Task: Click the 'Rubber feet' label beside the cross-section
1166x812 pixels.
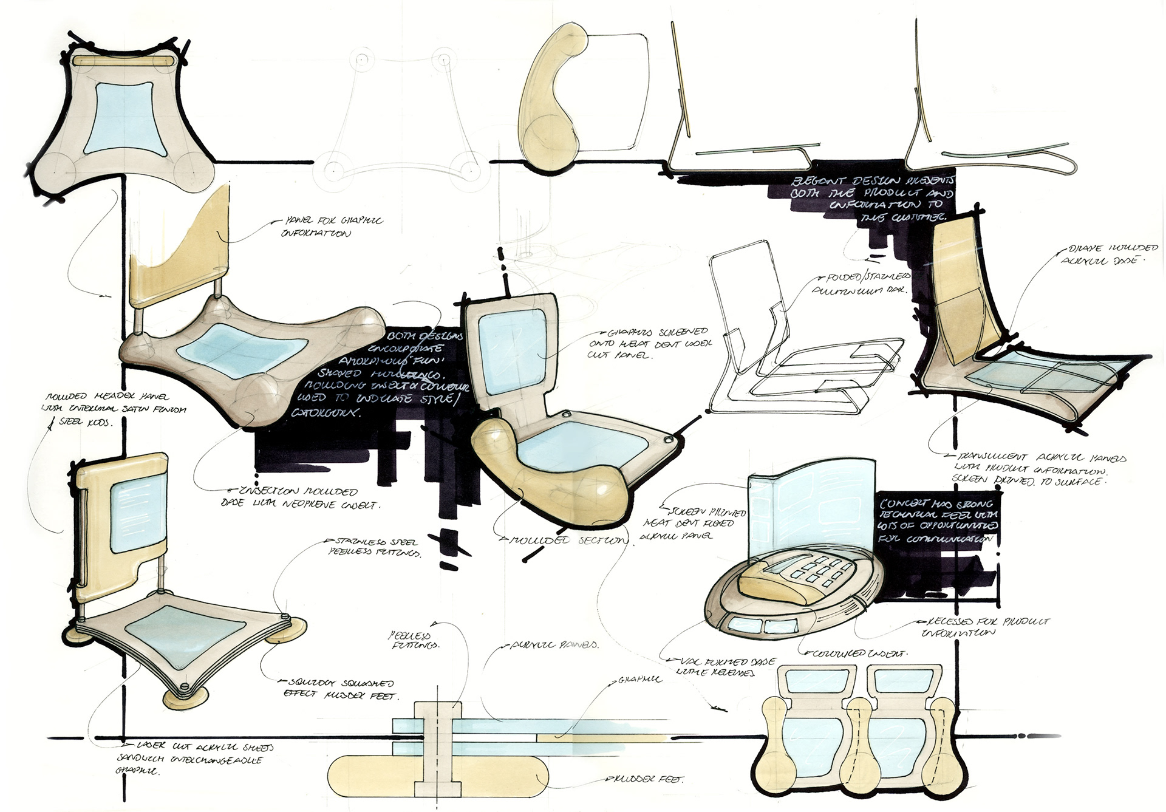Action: (x=650, y=779)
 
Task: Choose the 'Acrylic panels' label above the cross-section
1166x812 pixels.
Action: (x=553, y=646)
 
